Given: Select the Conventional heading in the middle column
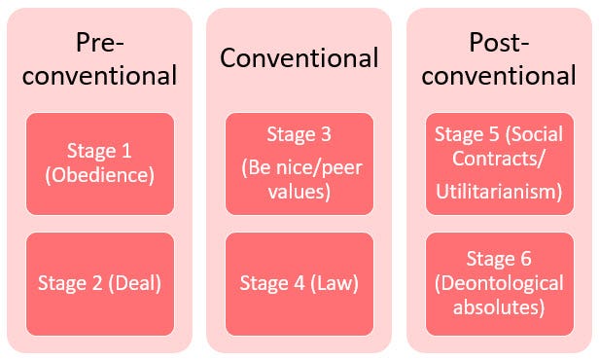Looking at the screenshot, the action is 299,57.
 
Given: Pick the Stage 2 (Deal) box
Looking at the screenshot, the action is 100,283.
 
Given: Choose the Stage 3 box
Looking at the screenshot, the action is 299,162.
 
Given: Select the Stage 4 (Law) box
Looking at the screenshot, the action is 299,283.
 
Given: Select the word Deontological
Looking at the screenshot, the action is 499,283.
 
